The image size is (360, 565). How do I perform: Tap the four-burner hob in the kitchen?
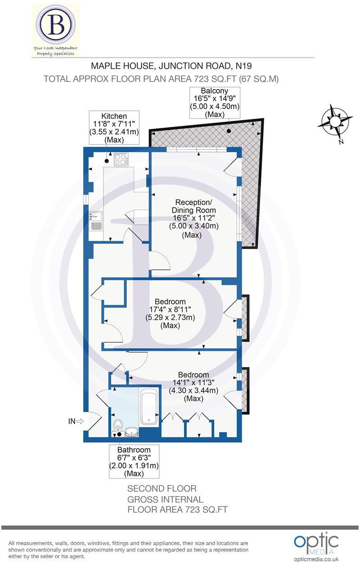(121, 159)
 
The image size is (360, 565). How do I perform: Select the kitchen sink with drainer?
(96, 220)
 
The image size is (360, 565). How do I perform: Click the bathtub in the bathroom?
(149, 408)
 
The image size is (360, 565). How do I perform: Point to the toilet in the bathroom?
(118, 425)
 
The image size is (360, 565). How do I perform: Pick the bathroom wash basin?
(131, 432)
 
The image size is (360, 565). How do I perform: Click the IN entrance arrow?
(76, 422)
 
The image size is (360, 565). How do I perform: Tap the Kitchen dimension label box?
(114, 128)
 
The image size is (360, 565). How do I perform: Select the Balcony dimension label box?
(214, 103)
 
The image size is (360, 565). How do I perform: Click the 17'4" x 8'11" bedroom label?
(170, 314)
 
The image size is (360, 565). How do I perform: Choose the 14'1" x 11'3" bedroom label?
(193, 386)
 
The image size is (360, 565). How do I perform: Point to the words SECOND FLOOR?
(162, 489)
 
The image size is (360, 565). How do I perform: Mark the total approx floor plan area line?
(161, 79)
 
